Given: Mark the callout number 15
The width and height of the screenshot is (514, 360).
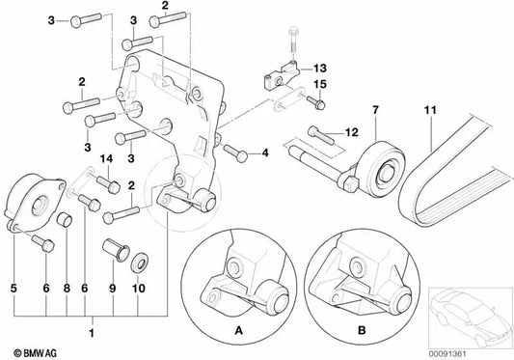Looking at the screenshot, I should click(x=322, y=84).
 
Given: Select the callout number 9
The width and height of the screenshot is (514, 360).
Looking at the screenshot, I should click(x=110, y=286).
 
